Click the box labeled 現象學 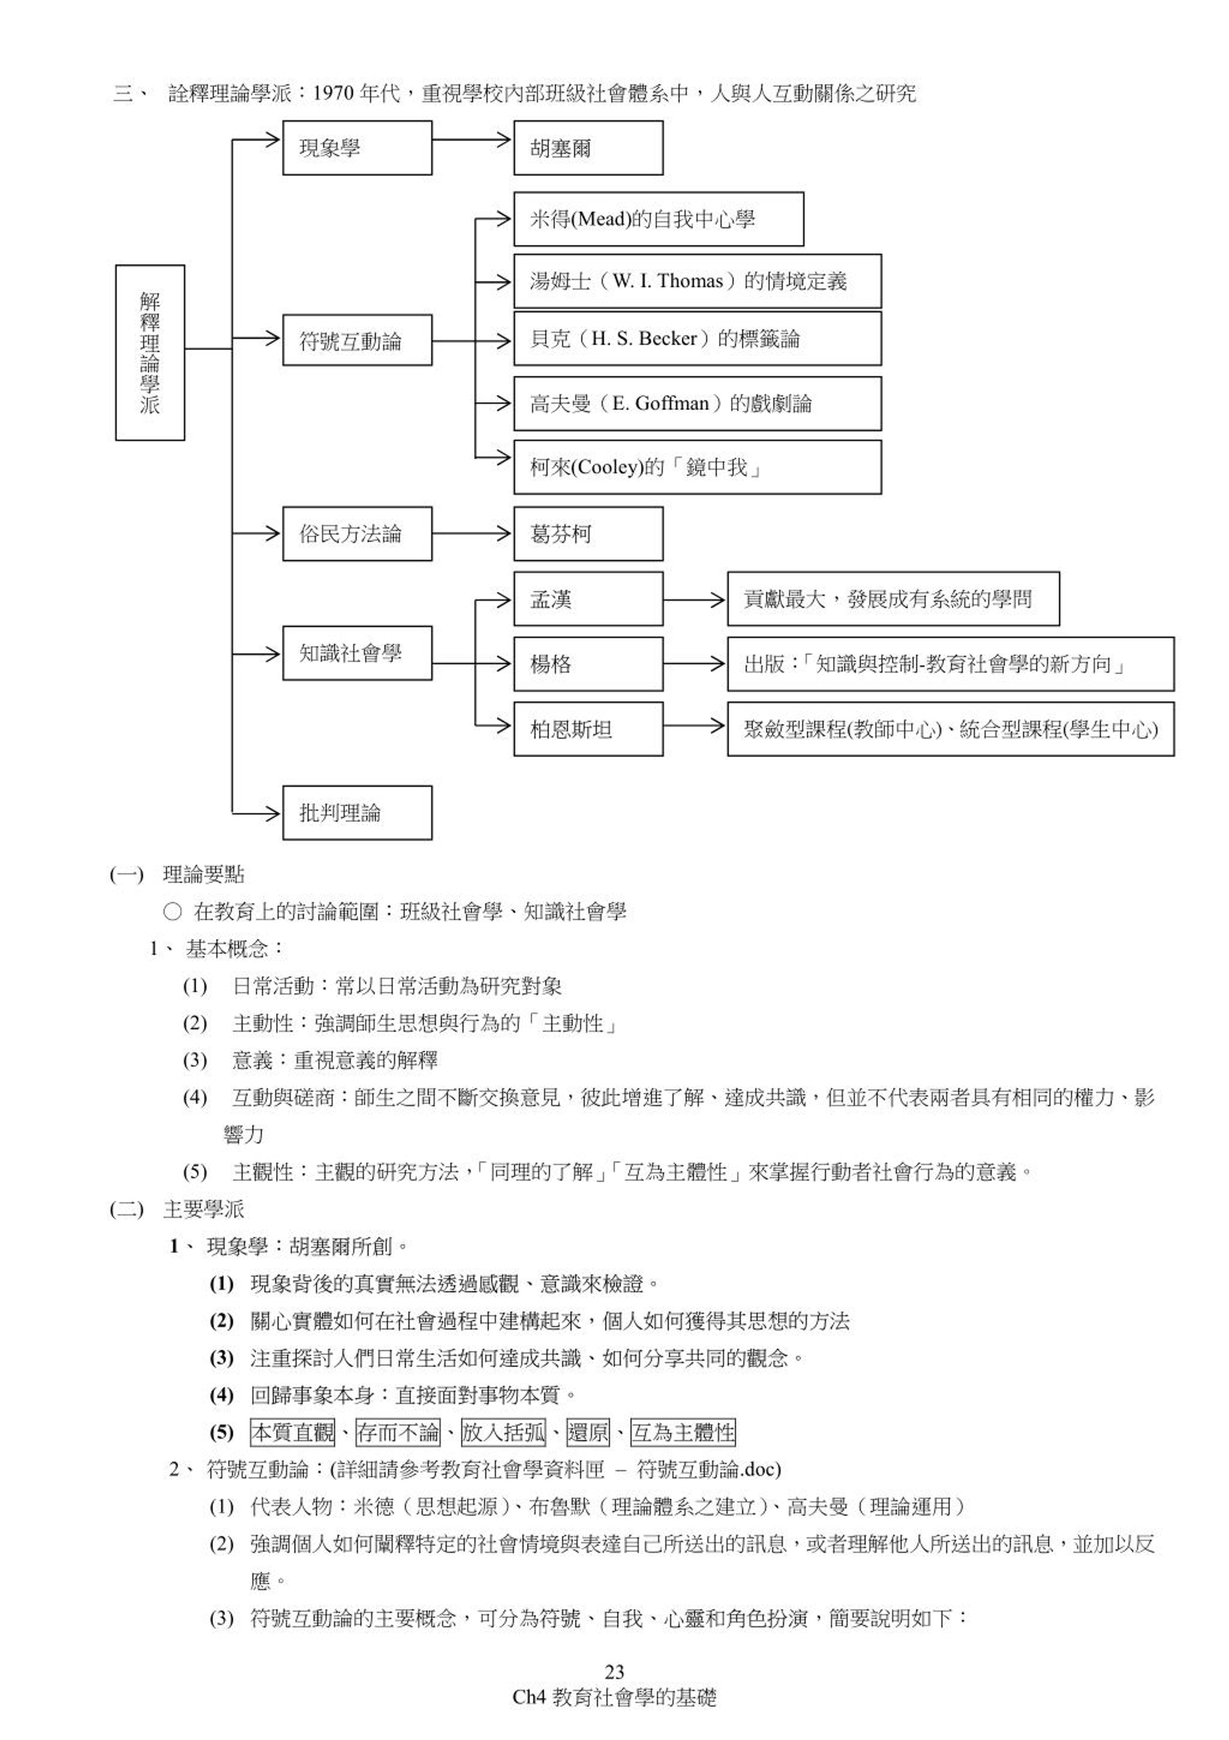coord(357,148)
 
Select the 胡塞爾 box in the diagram coord(588,148)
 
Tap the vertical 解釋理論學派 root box coord(150,353)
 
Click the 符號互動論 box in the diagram coord(357,341)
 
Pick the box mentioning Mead coord(659,219)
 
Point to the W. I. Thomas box coord(697,281)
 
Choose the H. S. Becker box coord(697,339)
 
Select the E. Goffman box coord(697,403)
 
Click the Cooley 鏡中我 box coord(697,467)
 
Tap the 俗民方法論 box coord(357,534)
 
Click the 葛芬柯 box coord(588,534)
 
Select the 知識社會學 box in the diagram coord(357,653)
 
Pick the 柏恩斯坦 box coord(588,729)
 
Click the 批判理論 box coord(357,813)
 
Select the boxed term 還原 coord(588,1432)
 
